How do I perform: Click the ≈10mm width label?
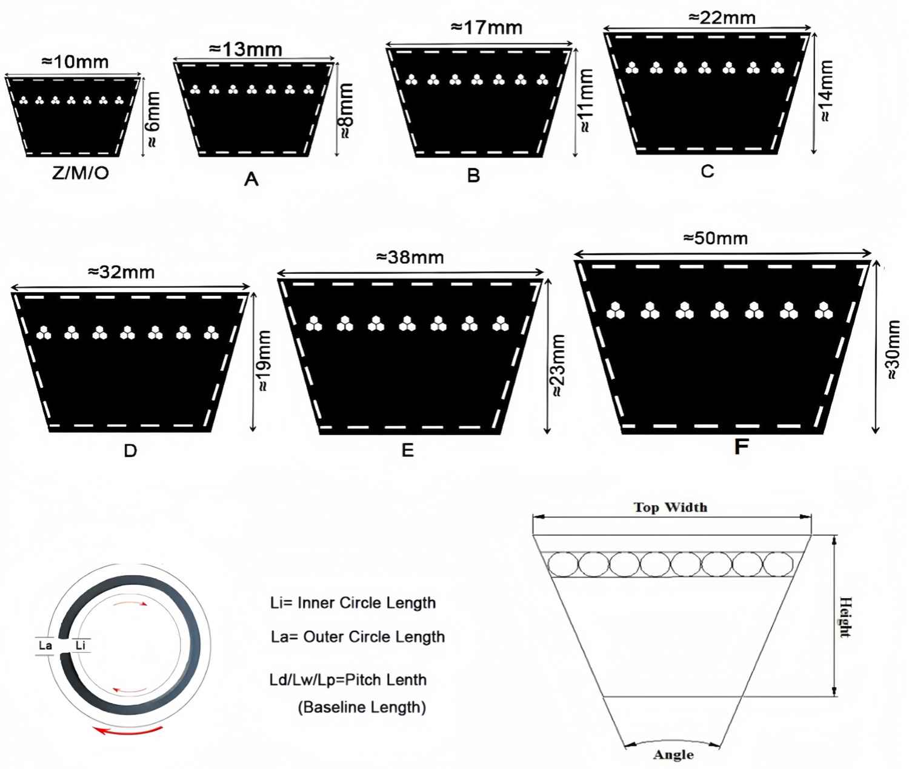tap(75, 62)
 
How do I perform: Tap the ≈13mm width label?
tap(245, 49)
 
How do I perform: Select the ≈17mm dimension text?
tap(487, 28)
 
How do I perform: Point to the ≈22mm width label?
tap(722, 18)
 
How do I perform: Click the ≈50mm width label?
tap(716, 238)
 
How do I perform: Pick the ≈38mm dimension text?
tap(410, 258)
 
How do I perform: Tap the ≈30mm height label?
tap(893, 350)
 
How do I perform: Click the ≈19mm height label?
tap(264, 361)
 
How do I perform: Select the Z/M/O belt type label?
tap(81, 173)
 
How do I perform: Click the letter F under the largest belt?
tap(742, 447)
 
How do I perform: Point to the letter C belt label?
tap(707, 171)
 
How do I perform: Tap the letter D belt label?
tap(130, 451)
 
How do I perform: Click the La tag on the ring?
tap(45, 645)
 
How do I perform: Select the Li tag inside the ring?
tap(81, 645)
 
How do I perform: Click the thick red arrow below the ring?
tap(128, 731)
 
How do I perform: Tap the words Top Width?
tap(671, 507)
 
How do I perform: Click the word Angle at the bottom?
tap(673, 755)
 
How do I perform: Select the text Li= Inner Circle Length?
tap(353, 603)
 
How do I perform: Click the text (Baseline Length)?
tap(362, 707)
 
